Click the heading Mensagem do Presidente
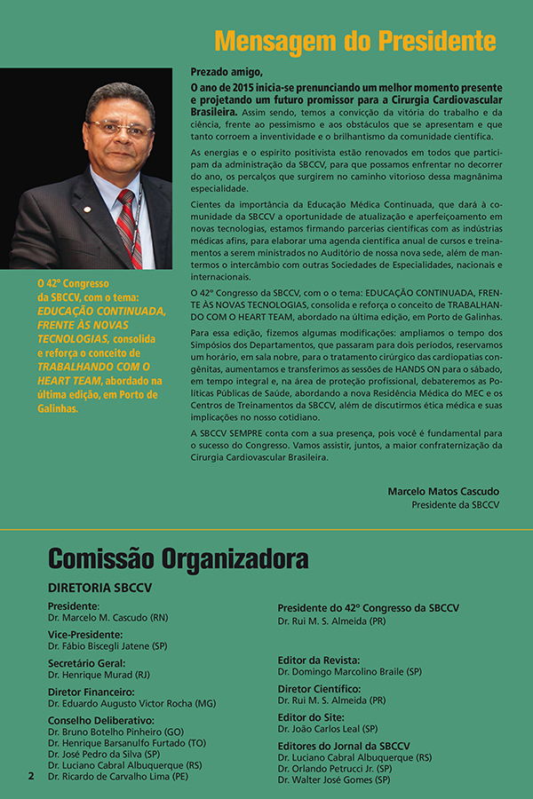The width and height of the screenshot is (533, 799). (x=354, y=41)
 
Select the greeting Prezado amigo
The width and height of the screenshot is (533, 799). (x=227, y=72)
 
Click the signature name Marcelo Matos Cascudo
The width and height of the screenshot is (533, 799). (x=443, y=491)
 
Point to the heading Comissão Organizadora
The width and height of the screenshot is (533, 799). (x=179, y=558)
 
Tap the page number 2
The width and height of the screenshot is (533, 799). (x=30, y=775)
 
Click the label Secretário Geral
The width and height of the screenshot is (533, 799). (x=86, y=662)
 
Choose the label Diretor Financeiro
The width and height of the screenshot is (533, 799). (x=91, y=691)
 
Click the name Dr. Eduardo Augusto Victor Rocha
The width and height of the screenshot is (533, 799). (x=131, y=702)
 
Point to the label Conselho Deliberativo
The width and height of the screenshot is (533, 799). (x=100, y=720)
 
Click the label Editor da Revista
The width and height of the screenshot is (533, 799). (x=318, y=660)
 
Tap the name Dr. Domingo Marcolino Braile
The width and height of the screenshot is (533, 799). (x=349, y=671)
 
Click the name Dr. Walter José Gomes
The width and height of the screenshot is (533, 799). (x=333, y=779)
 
